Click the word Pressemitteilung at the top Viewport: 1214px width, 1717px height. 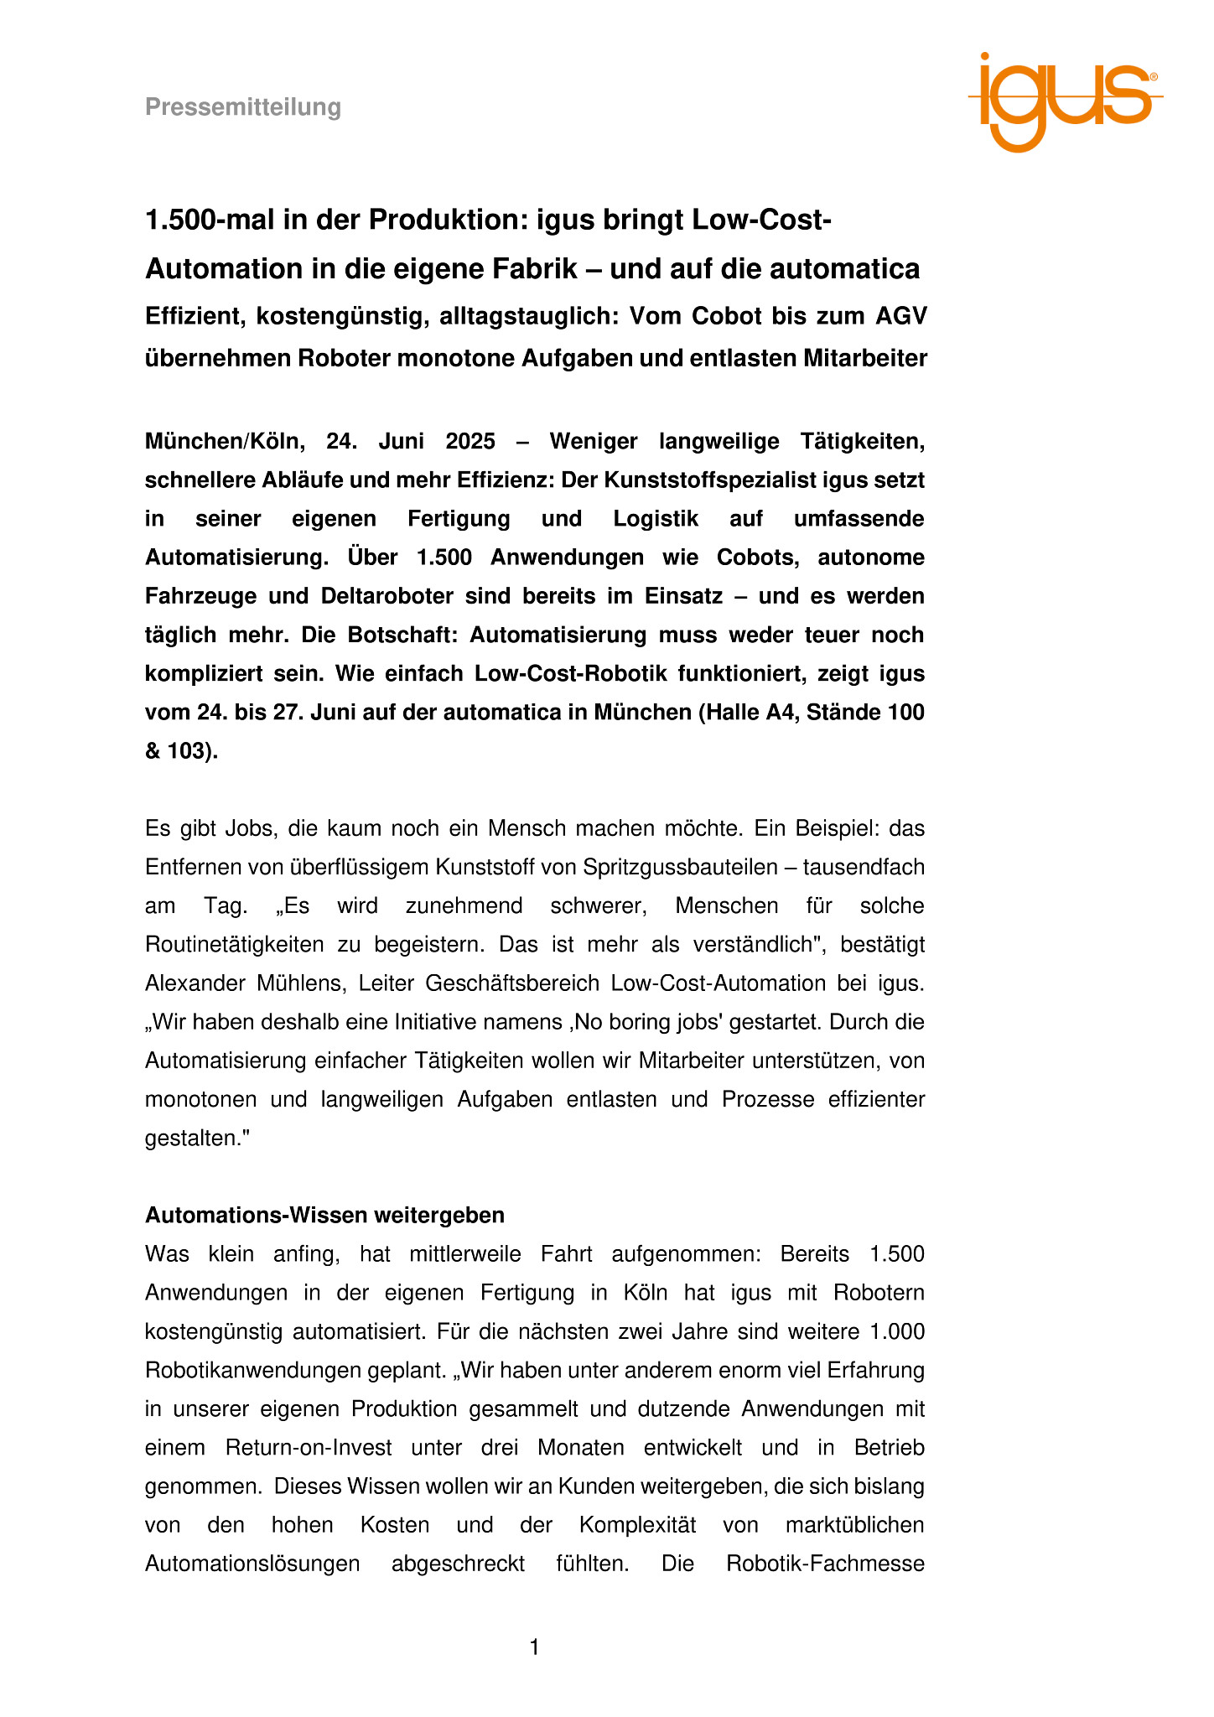243,107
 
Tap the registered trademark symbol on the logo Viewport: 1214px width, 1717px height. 1154,76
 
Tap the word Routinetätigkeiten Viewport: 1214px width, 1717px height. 234,944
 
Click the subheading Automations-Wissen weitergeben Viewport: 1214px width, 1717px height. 324,1215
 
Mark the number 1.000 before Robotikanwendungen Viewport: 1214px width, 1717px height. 897,1331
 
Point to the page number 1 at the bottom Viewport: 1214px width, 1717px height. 535,1647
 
